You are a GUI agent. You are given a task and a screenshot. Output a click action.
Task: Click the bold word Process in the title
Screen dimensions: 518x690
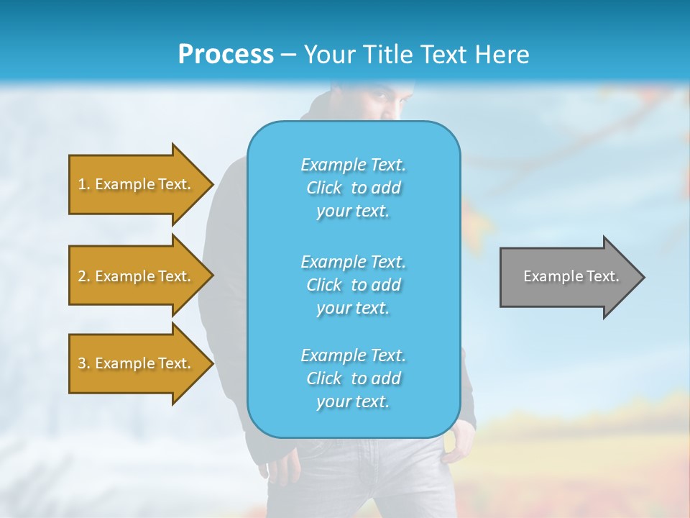click(226, 54)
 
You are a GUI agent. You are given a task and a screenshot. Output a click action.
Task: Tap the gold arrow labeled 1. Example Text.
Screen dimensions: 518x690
click(137, 184)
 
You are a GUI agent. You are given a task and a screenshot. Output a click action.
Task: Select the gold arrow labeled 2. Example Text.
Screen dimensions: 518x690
click(137, 276)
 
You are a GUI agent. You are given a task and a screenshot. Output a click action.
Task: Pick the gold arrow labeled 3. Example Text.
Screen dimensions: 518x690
click(137, 363)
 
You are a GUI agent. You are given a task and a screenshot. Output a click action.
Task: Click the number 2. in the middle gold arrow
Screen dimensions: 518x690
click(84, 276)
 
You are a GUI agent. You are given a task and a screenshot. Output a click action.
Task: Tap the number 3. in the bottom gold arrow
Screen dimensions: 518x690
click(84, 363)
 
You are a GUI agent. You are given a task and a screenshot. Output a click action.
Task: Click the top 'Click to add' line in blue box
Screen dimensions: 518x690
click(353, 188)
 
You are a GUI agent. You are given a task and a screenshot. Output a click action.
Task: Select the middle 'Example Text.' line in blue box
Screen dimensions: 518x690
click(353, 261)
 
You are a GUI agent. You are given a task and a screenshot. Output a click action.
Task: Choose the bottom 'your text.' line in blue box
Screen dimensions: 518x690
click(353, 402)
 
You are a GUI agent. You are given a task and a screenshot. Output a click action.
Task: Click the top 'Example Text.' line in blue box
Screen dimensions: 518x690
click(353, 165)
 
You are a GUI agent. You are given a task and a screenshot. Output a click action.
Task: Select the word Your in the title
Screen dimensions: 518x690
click(327, 54)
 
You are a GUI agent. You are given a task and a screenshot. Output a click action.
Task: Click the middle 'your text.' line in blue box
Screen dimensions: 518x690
click(353, 308)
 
